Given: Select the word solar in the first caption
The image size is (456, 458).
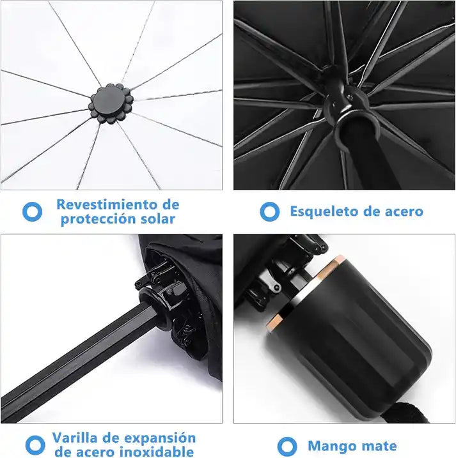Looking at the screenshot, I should (154, 219).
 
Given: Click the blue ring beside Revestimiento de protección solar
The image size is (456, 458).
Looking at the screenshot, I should (32, 211).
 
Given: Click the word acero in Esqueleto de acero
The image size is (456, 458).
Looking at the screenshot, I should (402, 211).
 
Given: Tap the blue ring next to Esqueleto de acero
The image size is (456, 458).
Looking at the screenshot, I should (269, 211).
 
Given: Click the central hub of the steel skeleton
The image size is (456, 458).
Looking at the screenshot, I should (340, 102).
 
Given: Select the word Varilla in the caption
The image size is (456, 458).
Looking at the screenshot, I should (76, 438).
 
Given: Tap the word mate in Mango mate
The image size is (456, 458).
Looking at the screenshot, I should (379, 446).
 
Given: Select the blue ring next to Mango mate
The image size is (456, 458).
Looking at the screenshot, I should (288, 446).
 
